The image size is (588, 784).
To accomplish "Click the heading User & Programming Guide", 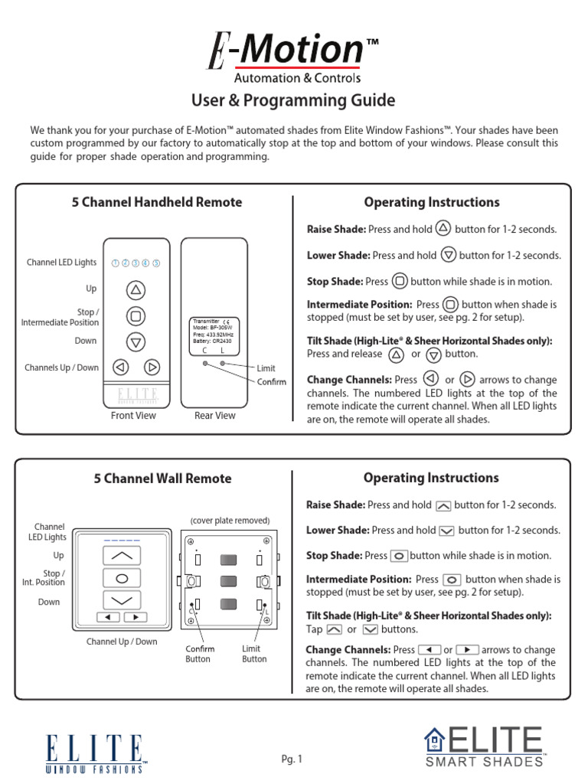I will [x=293, y=100].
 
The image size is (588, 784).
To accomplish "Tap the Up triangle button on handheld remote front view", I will [x=136, y=289].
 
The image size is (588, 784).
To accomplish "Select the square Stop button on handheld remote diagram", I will [x=136, y=315].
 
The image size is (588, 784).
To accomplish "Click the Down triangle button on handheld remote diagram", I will [x=136, y=341].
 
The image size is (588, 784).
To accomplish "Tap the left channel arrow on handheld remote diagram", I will [x=119, y=367].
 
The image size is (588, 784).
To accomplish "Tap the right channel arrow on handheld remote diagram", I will [x=152, y=367].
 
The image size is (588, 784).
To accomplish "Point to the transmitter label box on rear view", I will [x=214, y=335].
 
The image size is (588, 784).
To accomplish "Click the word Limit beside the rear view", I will [x=266, y=368].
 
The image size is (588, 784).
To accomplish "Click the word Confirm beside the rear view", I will [x=271, y=382].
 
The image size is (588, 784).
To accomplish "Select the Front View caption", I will [x=133, y=416].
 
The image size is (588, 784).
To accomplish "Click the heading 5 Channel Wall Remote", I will [x=162, y=479].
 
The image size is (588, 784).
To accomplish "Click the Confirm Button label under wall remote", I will [x=200, y=654].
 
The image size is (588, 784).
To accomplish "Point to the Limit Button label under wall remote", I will [x=254, y=654].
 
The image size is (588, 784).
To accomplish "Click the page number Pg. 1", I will [x=292, y=759].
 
